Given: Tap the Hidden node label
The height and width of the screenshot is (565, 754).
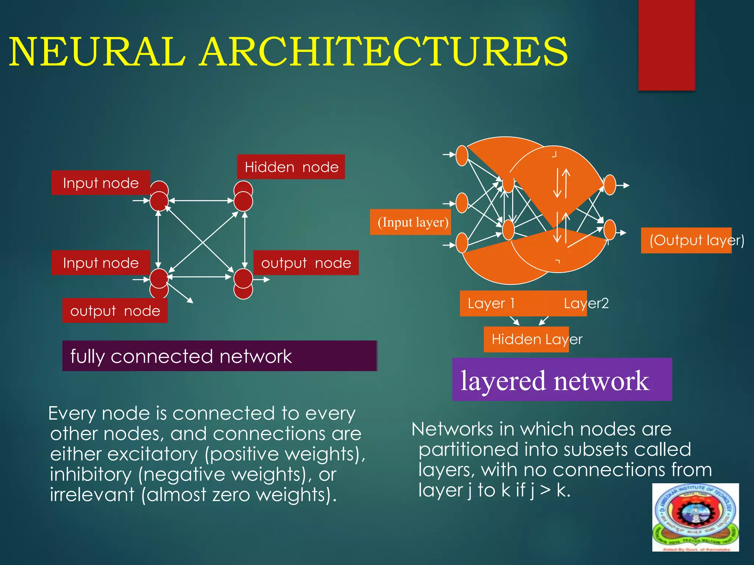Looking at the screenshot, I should click(291, 167).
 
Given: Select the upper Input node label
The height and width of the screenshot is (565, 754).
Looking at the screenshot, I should click(101, 183).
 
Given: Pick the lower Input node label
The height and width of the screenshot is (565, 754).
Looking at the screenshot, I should click(101, 263).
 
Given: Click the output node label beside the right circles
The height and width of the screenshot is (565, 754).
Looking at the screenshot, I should click(306, 263).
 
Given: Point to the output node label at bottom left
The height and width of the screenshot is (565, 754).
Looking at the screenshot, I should click(115, 311).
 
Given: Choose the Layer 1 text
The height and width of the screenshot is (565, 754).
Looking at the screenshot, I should click(491, 303).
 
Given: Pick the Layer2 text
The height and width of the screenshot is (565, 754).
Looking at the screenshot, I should click(586, 303).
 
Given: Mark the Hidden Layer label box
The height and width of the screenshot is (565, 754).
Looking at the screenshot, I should click(527, 339).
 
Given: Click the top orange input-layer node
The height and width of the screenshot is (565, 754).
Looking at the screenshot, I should click(462, 155).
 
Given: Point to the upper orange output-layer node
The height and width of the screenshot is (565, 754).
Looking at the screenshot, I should click(610, 185).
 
